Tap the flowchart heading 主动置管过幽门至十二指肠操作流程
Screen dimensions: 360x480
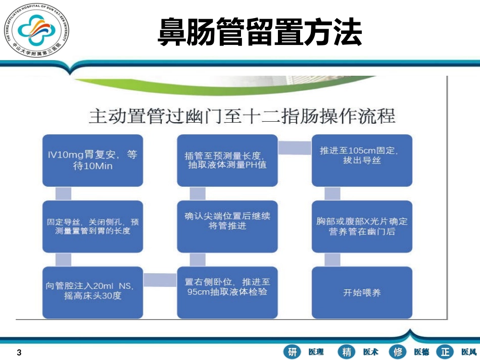(242, 115)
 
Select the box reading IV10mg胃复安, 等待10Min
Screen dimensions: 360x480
(92, 160)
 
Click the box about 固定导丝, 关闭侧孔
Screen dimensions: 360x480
(92, 226)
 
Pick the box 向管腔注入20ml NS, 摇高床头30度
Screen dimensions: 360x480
(92, 292)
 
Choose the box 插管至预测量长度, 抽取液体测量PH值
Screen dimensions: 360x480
(227, 160)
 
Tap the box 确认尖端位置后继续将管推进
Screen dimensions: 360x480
(227, 226)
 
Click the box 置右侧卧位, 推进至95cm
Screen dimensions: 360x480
(227, 292)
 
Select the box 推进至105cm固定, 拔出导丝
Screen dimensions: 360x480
(361, 160)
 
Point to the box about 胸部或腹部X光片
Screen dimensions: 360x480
(361, 226)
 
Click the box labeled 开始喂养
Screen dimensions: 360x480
(361, 292)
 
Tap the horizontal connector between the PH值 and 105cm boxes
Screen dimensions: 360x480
(295, 147)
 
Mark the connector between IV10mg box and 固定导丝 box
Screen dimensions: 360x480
(63, 193)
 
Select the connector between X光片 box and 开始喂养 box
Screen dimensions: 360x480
(332, 259)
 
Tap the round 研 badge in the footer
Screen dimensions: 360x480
(293, 352)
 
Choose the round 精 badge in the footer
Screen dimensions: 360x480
(347, 352)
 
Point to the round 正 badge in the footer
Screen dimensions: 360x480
(445, 352)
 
